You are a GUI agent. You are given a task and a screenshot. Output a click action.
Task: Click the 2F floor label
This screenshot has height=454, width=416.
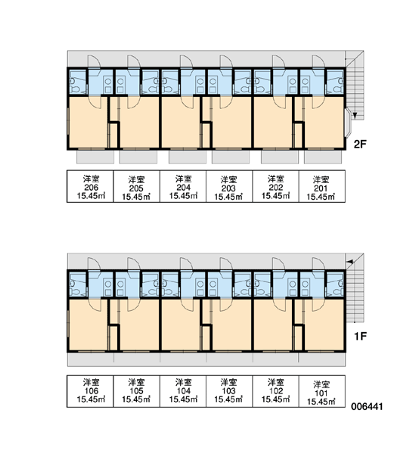pos(360,144)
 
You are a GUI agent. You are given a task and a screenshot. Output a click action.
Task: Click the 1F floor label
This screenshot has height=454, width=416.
pos(360,336)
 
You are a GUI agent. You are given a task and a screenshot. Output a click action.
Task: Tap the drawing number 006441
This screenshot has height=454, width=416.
pos(367,406)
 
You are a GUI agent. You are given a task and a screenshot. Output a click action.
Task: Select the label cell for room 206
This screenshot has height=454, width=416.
pos(90,186)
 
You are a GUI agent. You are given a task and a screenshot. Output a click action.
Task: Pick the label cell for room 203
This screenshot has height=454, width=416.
pos(229,186)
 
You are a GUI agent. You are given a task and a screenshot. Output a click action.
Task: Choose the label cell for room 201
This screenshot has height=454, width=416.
pos(322,186)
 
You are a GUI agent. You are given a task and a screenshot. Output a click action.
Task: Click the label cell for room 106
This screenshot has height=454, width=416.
pos(90,391)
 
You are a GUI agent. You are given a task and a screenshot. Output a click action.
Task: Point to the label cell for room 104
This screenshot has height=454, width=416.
pos(183,391)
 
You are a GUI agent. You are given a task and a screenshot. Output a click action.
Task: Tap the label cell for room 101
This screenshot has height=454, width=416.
pos(322,391)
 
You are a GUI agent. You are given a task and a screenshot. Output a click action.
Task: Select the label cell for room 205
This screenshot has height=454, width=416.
pos(136,186)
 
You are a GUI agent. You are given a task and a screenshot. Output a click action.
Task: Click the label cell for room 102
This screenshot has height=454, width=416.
pos(275,391)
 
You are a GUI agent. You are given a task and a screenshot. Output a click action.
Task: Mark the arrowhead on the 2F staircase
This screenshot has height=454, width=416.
pos(355,116)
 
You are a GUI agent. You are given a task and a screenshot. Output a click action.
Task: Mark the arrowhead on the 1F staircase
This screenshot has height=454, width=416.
pos(350,262)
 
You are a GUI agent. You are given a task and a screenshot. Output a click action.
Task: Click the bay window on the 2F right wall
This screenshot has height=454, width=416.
pos(348,123)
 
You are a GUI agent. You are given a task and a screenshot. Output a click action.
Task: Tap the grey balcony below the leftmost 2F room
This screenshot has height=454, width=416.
pos(95,157)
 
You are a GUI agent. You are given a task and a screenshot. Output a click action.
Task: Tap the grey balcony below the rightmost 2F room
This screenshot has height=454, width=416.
pos(323,157)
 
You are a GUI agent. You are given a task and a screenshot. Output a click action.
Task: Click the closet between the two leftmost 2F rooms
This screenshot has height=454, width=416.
pos(113,135)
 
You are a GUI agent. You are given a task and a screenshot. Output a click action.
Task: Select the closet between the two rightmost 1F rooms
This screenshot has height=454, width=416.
pos(299,338)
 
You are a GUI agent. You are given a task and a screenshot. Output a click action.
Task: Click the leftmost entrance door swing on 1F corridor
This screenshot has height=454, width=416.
pos(94,263)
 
